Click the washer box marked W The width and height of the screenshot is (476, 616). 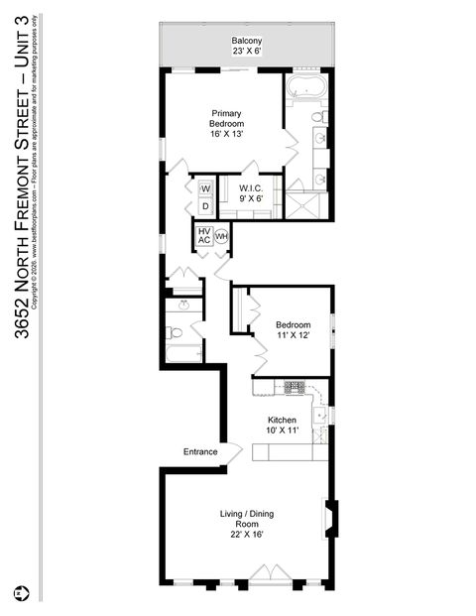click(205, 188)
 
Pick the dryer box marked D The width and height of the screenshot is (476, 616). click(205, 206)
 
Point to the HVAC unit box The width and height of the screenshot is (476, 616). click(203, 236)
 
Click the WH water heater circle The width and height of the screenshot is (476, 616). click(221, 236)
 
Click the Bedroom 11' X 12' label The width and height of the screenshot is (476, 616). click(293, 330)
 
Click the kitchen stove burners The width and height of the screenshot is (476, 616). click(295, 387)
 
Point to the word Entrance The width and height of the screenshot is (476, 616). click(200, 452)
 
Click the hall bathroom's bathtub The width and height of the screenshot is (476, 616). click(184, 352)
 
